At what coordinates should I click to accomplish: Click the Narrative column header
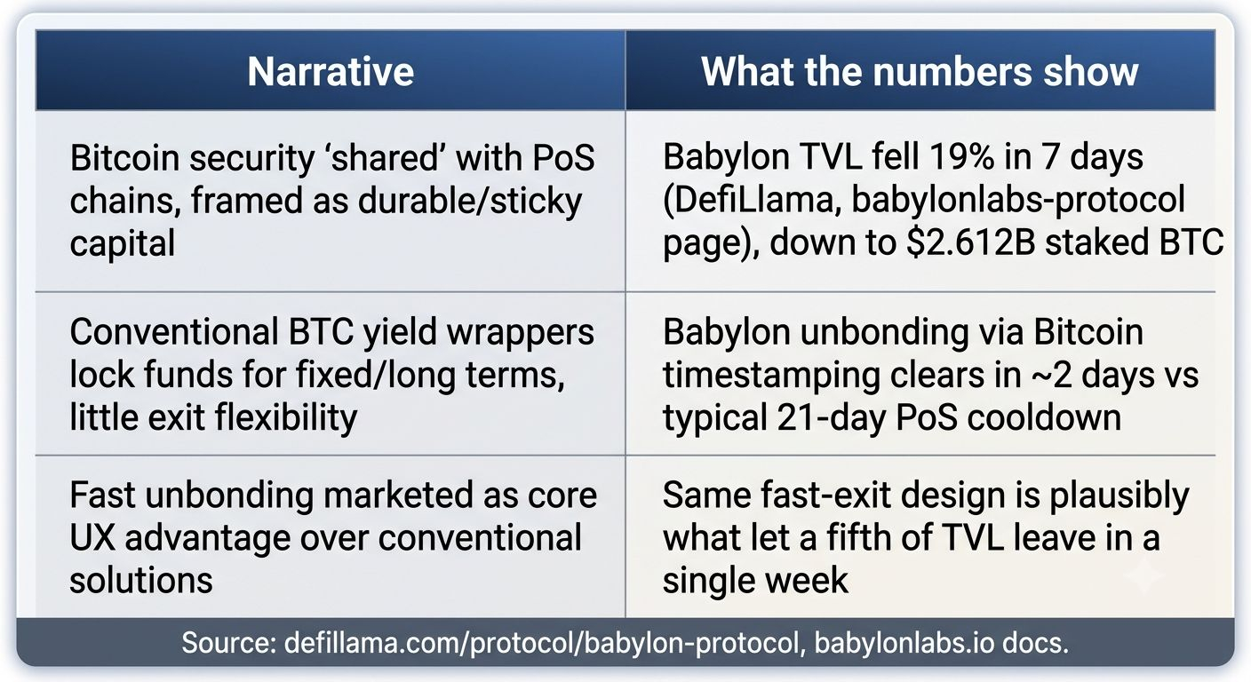click(331, 71)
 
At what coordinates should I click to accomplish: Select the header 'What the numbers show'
click(920, 71)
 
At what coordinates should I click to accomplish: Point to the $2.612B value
click(971, 242)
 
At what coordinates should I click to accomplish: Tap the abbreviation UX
click(92, 538)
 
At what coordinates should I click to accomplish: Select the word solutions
click(141, 581)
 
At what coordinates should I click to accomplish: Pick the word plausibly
click(1119, 496)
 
